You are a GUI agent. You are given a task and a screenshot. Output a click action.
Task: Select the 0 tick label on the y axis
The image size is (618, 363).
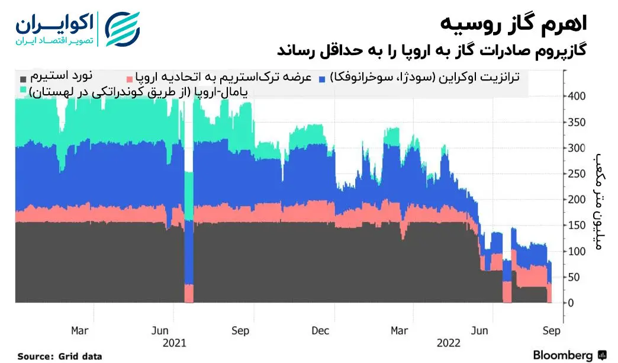point(572,303)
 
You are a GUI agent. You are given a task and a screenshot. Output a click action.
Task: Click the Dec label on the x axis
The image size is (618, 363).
point(320,330)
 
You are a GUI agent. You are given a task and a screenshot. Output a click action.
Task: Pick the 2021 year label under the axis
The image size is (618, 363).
point(174,343)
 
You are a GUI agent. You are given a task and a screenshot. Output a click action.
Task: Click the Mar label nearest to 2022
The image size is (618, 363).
point(401,330)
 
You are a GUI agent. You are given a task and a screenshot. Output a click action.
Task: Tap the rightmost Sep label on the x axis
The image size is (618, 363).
point(552,330)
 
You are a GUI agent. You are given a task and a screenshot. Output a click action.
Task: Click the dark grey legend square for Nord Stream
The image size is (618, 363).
point(23,79)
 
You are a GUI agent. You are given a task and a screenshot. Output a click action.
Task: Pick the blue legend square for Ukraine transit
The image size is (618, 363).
point(322,79)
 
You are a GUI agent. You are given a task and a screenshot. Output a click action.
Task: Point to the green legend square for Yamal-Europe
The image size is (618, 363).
point(23,91)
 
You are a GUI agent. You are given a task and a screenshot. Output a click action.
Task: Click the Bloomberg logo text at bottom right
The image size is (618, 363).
point(563,355)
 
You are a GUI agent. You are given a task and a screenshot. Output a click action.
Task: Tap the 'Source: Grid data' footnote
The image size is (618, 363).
point(59,356)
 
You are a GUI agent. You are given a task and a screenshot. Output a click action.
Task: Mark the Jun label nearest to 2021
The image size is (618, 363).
point(162,330)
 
